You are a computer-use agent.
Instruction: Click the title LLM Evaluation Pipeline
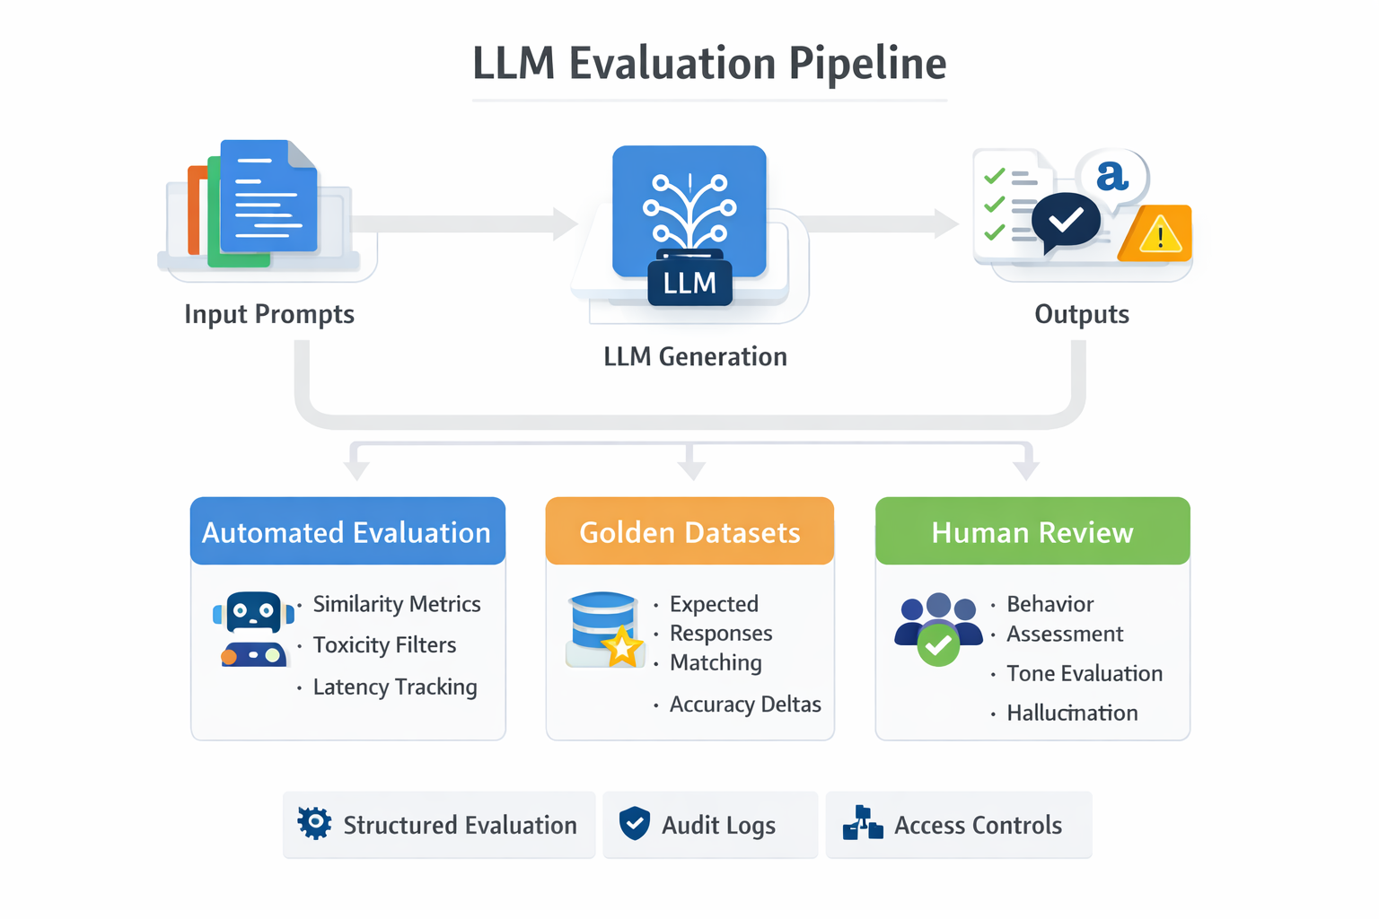pos(709,64)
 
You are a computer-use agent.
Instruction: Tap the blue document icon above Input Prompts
pos(268,197)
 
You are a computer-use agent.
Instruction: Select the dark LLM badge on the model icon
pos(689,283)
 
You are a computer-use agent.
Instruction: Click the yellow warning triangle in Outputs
pos(1159,235)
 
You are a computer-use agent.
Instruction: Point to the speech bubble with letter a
pos(1113,177)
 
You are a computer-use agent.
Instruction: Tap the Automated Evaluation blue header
pos(347,531)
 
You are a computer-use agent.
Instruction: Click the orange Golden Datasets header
pos(689,531)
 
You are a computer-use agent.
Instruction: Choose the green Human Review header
pos(1032,531)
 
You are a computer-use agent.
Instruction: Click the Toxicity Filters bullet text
pos(384,645)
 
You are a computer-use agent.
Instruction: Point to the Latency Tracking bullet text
pos(395,687)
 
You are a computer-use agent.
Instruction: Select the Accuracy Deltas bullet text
pos(745,705)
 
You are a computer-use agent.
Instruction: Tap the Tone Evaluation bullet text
pos(1084,673)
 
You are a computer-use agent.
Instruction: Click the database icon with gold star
pos(604,629)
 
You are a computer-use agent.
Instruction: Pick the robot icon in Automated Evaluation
pos(253,628)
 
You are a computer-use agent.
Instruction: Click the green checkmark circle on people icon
pos(938,645)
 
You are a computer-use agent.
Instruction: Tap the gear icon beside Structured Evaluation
pos(314,823)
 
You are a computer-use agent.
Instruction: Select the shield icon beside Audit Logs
pos(635,823)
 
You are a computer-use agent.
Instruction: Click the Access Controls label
pos(978,825)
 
